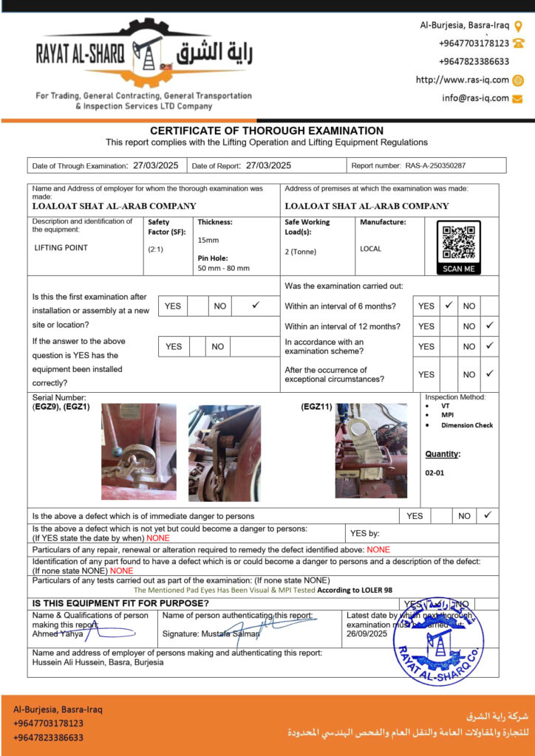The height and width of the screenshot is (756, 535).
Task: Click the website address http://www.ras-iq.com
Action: click(x=463, y=80)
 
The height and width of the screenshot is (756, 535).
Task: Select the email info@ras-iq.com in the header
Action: click(x=475, y=97)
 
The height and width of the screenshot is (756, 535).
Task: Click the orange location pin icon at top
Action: click(x=519, y=25)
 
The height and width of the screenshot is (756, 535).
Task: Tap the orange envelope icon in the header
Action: click(x=518, y=97)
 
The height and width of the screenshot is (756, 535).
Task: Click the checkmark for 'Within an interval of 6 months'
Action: click(x=448, y=305)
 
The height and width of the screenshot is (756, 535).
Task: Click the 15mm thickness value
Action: click(x=208, y=240)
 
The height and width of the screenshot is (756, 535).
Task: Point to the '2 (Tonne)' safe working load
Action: click(x=300, y=252)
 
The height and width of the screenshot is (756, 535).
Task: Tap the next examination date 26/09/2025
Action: click(x=367, y=633)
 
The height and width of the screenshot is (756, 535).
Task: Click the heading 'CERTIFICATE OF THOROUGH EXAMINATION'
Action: click(x=267, y=131)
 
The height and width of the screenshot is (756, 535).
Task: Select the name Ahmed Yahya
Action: click(x=58, y=633)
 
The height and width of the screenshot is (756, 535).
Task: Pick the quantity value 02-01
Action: click(x=435, y=472)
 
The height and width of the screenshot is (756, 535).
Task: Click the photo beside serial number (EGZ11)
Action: click(x=371, y=450)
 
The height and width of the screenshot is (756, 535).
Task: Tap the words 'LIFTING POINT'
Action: click(x=61, y=247)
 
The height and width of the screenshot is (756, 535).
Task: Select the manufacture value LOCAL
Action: click(x=370, y=249)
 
